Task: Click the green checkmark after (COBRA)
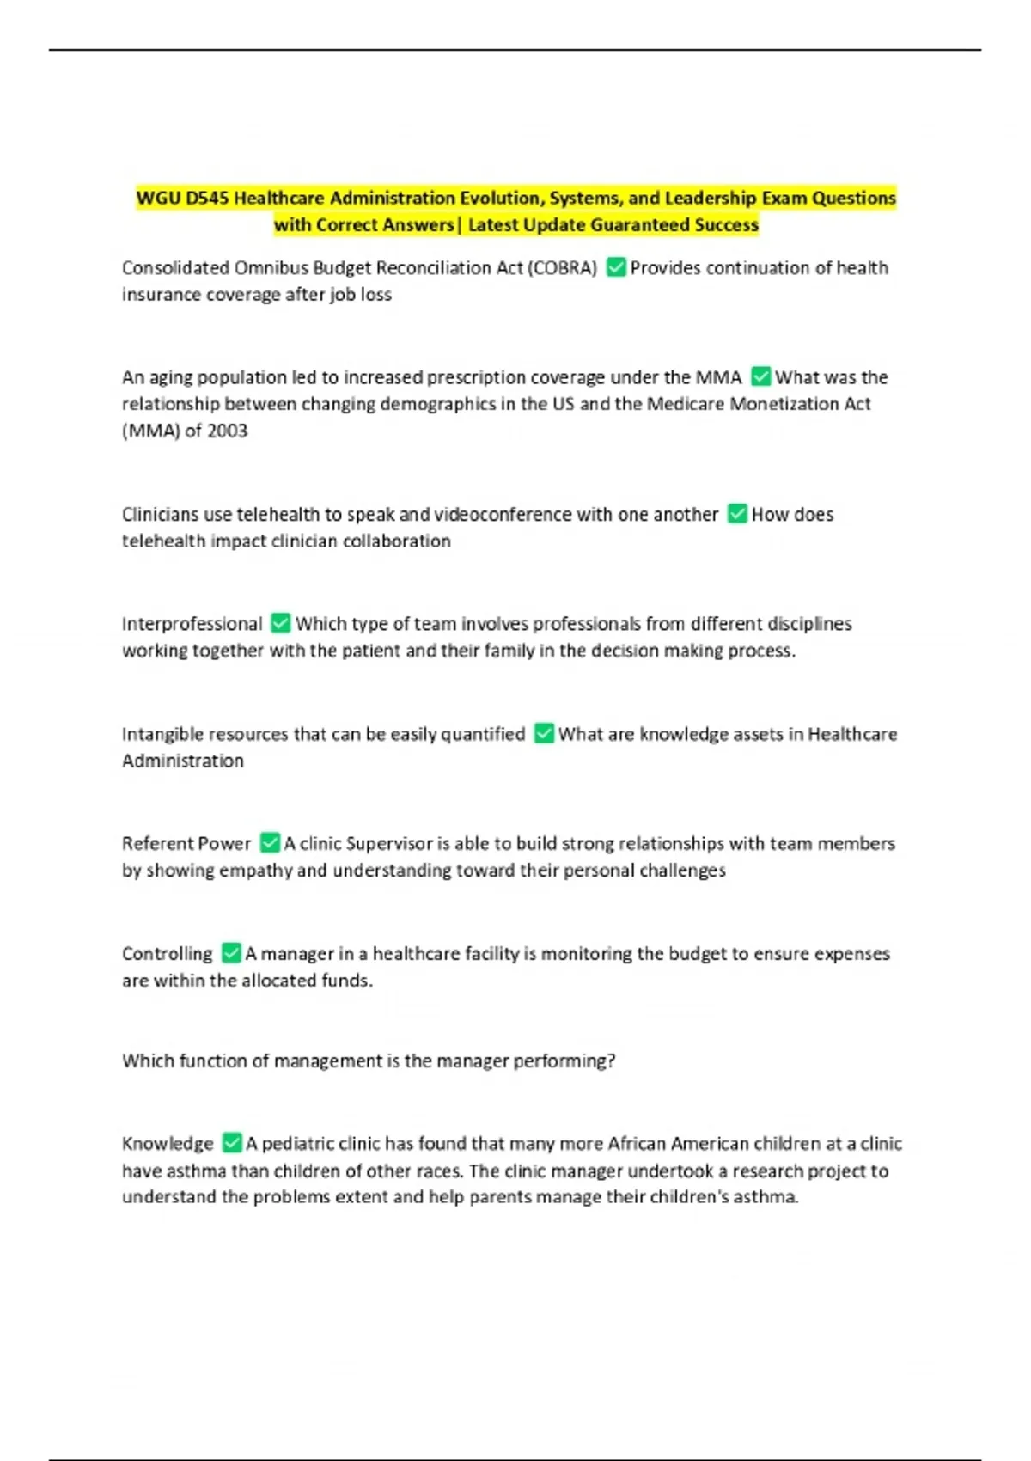point(616,267)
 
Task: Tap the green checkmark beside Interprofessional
point(280,623)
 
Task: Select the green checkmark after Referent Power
point(270,843)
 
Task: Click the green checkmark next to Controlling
point(231,953)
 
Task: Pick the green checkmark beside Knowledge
point(232,1143)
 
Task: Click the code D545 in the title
point(207,199)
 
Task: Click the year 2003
point(227,431)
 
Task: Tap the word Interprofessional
point(192,624)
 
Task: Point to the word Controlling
point(167,954)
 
